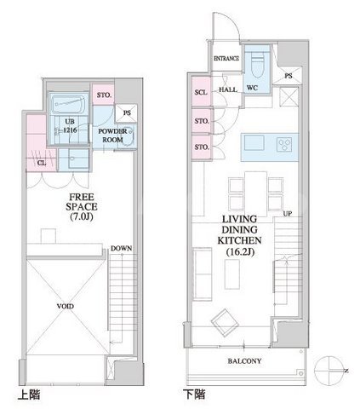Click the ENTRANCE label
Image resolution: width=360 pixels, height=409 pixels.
pyautogui.click(x=226, y=59)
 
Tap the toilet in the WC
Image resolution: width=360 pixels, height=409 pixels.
pyautogui.click(x=258, y=65)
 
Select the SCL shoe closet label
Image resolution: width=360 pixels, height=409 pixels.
pyautogui.click(x=201, y=92)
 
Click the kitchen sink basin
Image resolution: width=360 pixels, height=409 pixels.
pyautogui.click(x=254, y=143)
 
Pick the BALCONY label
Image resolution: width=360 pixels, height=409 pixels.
pyautogui.click(x=244, y=361)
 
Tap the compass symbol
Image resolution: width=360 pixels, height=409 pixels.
pyautogui.click(x=329, y=371)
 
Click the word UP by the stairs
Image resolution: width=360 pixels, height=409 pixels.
pyautogui.click(x=287, y=214)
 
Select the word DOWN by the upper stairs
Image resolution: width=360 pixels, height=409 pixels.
pyautogui.click(x=121, y=249)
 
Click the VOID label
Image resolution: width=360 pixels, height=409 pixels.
pyautogui.click(x=66, y=306)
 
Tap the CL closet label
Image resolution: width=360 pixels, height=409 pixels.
pyautogui.click(x=42, y=164)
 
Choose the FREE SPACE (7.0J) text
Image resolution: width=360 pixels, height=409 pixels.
pyautogui.click(x=82, y=207)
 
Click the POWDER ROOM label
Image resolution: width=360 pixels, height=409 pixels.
pyautogui.click(x=112, y=135)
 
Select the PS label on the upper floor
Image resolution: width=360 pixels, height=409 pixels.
pyautogui.click(x=127, y=112)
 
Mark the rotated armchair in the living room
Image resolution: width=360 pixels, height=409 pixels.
pyautogui.click(x=225, y=323)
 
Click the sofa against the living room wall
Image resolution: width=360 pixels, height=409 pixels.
pyautogui.click(x=203, y=274)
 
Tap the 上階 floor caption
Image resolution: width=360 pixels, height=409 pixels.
pyautogui.click(x=29, y=395)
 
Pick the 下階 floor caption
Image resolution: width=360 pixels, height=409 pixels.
pyautogui.click(x=194, y=395)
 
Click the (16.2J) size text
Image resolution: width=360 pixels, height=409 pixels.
pyautogui.click(x=240, y=251)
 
